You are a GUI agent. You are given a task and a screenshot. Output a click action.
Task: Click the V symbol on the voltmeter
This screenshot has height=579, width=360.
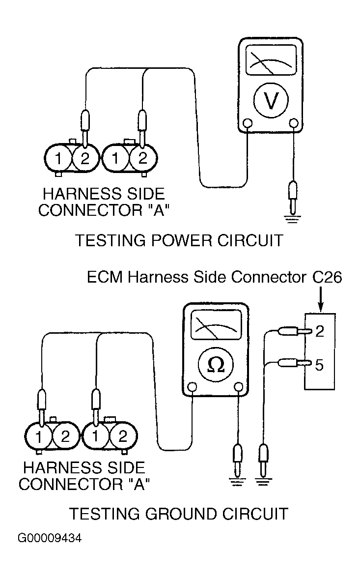271,100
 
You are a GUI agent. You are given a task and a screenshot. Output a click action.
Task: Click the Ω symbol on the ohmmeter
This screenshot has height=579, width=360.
216,365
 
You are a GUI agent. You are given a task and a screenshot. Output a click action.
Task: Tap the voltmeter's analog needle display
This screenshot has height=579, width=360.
271,60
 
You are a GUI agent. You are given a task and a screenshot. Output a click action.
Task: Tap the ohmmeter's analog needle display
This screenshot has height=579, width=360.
216,324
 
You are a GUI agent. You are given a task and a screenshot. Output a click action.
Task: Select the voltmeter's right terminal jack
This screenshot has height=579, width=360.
294,122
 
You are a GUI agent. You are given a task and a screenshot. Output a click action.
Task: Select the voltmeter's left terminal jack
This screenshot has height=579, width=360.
248,122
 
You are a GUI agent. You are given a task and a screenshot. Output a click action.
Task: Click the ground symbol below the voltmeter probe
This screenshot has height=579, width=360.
292,219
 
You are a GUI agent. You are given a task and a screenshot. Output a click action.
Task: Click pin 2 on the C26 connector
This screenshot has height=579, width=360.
319,331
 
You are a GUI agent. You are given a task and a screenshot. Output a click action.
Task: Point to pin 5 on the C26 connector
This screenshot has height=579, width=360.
319,365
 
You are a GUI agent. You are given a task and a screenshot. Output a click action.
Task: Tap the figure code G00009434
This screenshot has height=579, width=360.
50,538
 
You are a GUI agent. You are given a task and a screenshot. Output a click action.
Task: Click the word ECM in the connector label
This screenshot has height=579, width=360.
105,277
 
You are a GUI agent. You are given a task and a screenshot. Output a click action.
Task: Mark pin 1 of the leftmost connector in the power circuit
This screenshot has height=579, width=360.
58,159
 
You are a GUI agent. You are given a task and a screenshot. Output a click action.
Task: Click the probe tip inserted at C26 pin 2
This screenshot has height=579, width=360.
309,331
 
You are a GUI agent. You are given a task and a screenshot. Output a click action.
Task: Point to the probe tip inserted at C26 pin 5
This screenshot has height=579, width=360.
309,364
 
